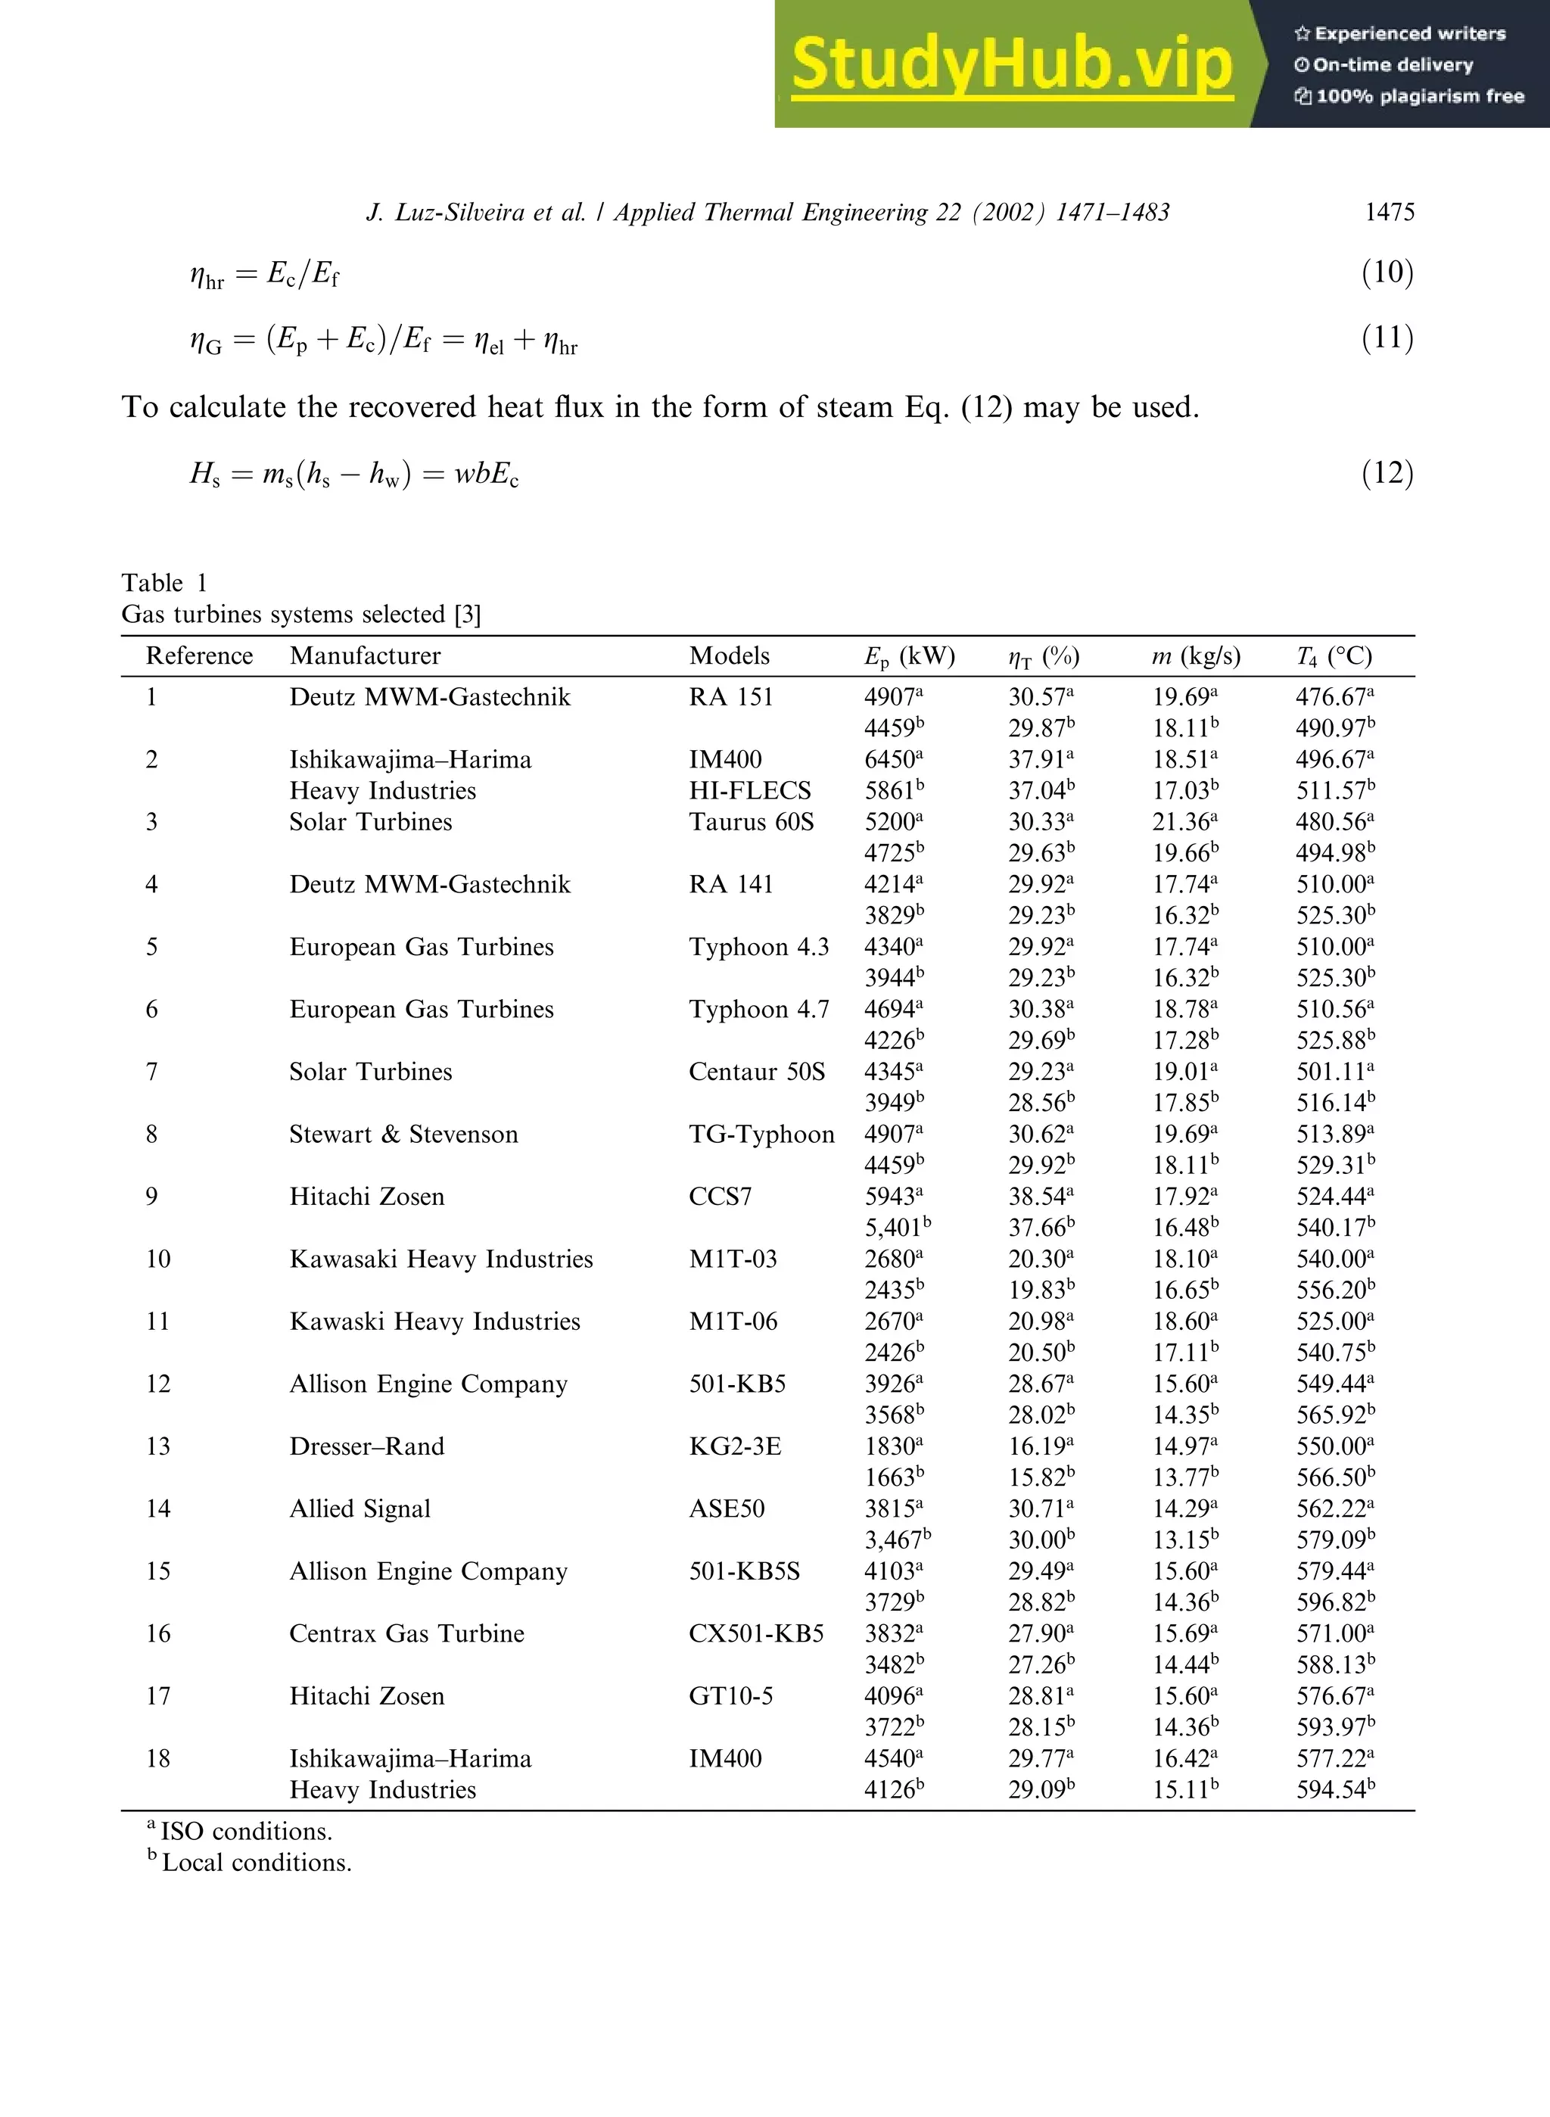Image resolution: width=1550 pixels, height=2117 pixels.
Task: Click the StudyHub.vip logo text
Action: pyautogui.click(x=1010, y=64)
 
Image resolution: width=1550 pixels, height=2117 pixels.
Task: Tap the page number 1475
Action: pyautogui.click(x=1389, y=212)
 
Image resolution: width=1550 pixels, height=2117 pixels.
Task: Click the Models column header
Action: pyautogui.click(x=729, y=656)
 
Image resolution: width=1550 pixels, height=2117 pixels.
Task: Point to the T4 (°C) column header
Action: pyautogui.click(x=1334, y=656)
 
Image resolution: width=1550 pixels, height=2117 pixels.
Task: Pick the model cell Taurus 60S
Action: pyautogui.click(x=751, y=822)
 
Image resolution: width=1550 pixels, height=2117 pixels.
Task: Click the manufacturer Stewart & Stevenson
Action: pyautogui.click(x=403, y=1135)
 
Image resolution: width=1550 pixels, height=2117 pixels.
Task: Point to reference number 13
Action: pyautogui.click(x=157, y=1446)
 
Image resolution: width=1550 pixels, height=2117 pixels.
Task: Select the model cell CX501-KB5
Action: pyautogui.click(x=755, y=1634)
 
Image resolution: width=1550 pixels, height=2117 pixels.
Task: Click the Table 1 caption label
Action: pyautogui.click(x=164, y=583)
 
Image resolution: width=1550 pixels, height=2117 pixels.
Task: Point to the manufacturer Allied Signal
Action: pyautogui.click(x=359, y=1509)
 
